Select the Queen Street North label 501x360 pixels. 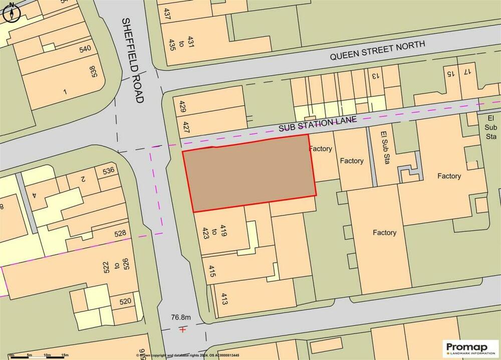[x=377, y=51]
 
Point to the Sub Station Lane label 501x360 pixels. [x=318, y=124]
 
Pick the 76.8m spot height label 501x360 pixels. [x=181, y=317]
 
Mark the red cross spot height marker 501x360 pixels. [x=183, y=329]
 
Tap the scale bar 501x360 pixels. [x=38, y=355]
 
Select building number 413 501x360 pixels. [x=224, y=299]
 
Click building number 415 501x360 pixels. [x=212, y=273]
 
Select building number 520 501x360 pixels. [x=125, y=301]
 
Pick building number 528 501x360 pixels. [x=120, y=233]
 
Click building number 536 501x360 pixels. [x=109, y=170]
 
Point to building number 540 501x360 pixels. [x=85, y=49]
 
